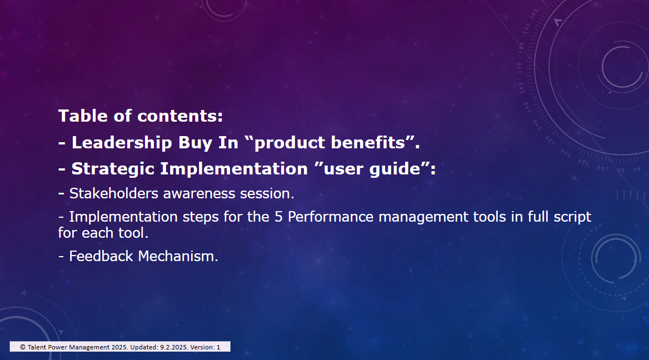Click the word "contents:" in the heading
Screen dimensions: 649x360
[180, 116]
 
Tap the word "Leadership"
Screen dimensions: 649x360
[122, 142]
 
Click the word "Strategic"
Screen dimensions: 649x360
[113, 169]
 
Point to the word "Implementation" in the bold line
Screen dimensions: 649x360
[234, 169]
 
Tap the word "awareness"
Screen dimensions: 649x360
[199, 194]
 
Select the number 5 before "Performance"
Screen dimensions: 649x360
[278, 217]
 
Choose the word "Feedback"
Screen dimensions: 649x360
[101, 256]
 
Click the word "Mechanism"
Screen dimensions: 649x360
[176, 256]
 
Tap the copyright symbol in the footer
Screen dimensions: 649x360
[23, 347]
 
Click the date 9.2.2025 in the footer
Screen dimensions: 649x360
[173, 347]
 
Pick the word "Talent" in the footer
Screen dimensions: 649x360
[37, 347]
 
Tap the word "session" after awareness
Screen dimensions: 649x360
[265, 194]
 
